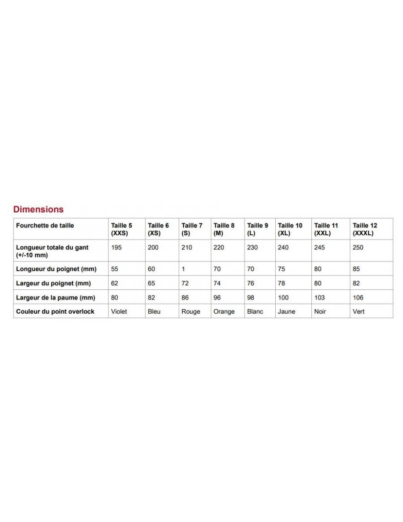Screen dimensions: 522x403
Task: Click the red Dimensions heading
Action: coord(38,210)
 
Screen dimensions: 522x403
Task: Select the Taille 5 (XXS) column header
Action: coord(121,229)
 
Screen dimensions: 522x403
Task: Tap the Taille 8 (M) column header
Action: coord(224,229)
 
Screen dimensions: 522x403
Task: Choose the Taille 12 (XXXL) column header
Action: coord(365,229)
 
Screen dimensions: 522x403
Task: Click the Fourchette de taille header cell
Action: coord(45,226)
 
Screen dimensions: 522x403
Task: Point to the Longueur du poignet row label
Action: coord(56,269)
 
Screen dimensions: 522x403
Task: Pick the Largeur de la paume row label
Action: coord(55,298)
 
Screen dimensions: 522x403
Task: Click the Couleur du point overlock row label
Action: coord(55,311)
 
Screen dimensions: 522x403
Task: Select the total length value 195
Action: coord(116,248)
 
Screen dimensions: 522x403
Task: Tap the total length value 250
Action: coord(358,248)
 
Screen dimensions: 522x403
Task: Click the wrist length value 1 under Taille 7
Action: coord(183,269)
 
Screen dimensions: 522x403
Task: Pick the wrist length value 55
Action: coord(114,269)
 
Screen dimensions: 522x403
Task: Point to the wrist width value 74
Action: coord(217,283)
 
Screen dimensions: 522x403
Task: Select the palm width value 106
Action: coord(358,298)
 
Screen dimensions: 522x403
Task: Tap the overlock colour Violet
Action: coord(119,312)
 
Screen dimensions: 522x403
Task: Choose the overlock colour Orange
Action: coord(224,312)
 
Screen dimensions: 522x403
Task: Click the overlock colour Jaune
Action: coord(287,312)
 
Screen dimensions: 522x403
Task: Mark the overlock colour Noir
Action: coord(320,312)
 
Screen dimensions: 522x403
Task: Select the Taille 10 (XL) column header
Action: coord(290,229)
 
